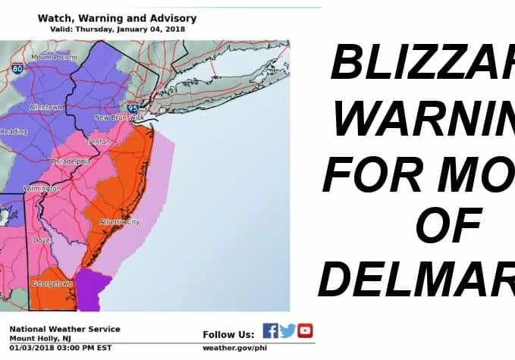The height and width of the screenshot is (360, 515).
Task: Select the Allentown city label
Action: [x=46, y=107]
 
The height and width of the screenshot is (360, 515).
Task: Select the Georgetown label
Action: [x=52, y=283]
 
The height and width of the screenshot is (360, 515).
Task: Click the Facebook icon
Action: [x=270, y=330]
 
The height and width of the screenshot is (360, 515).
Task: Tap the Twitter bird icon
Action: [x=287, y=330]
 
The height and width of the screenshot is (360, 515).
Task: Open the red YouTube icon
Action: [x=305, y=330]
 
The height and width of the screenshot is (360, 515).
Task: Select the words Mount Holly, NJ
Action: [x=39, y=338]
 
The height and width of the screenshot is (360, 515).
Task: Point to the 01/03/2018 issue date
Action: [x=30, y=348]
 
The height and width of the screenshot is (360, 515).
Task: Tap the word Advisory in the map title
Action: [x=172, y=17]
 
